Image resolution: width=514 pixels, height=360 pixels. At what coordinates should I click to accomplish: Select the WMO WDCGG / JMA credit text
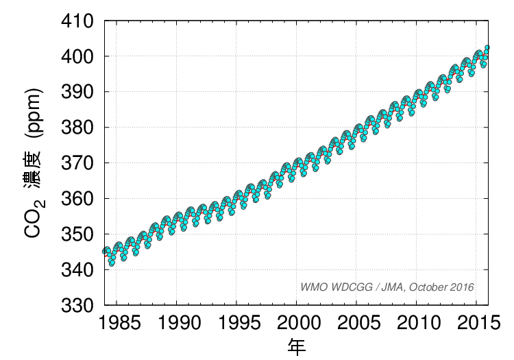click(x=387, y=287)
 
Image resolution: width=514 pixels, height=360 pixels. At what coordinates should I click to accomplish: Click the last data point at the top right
click(x=487, y=47)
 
